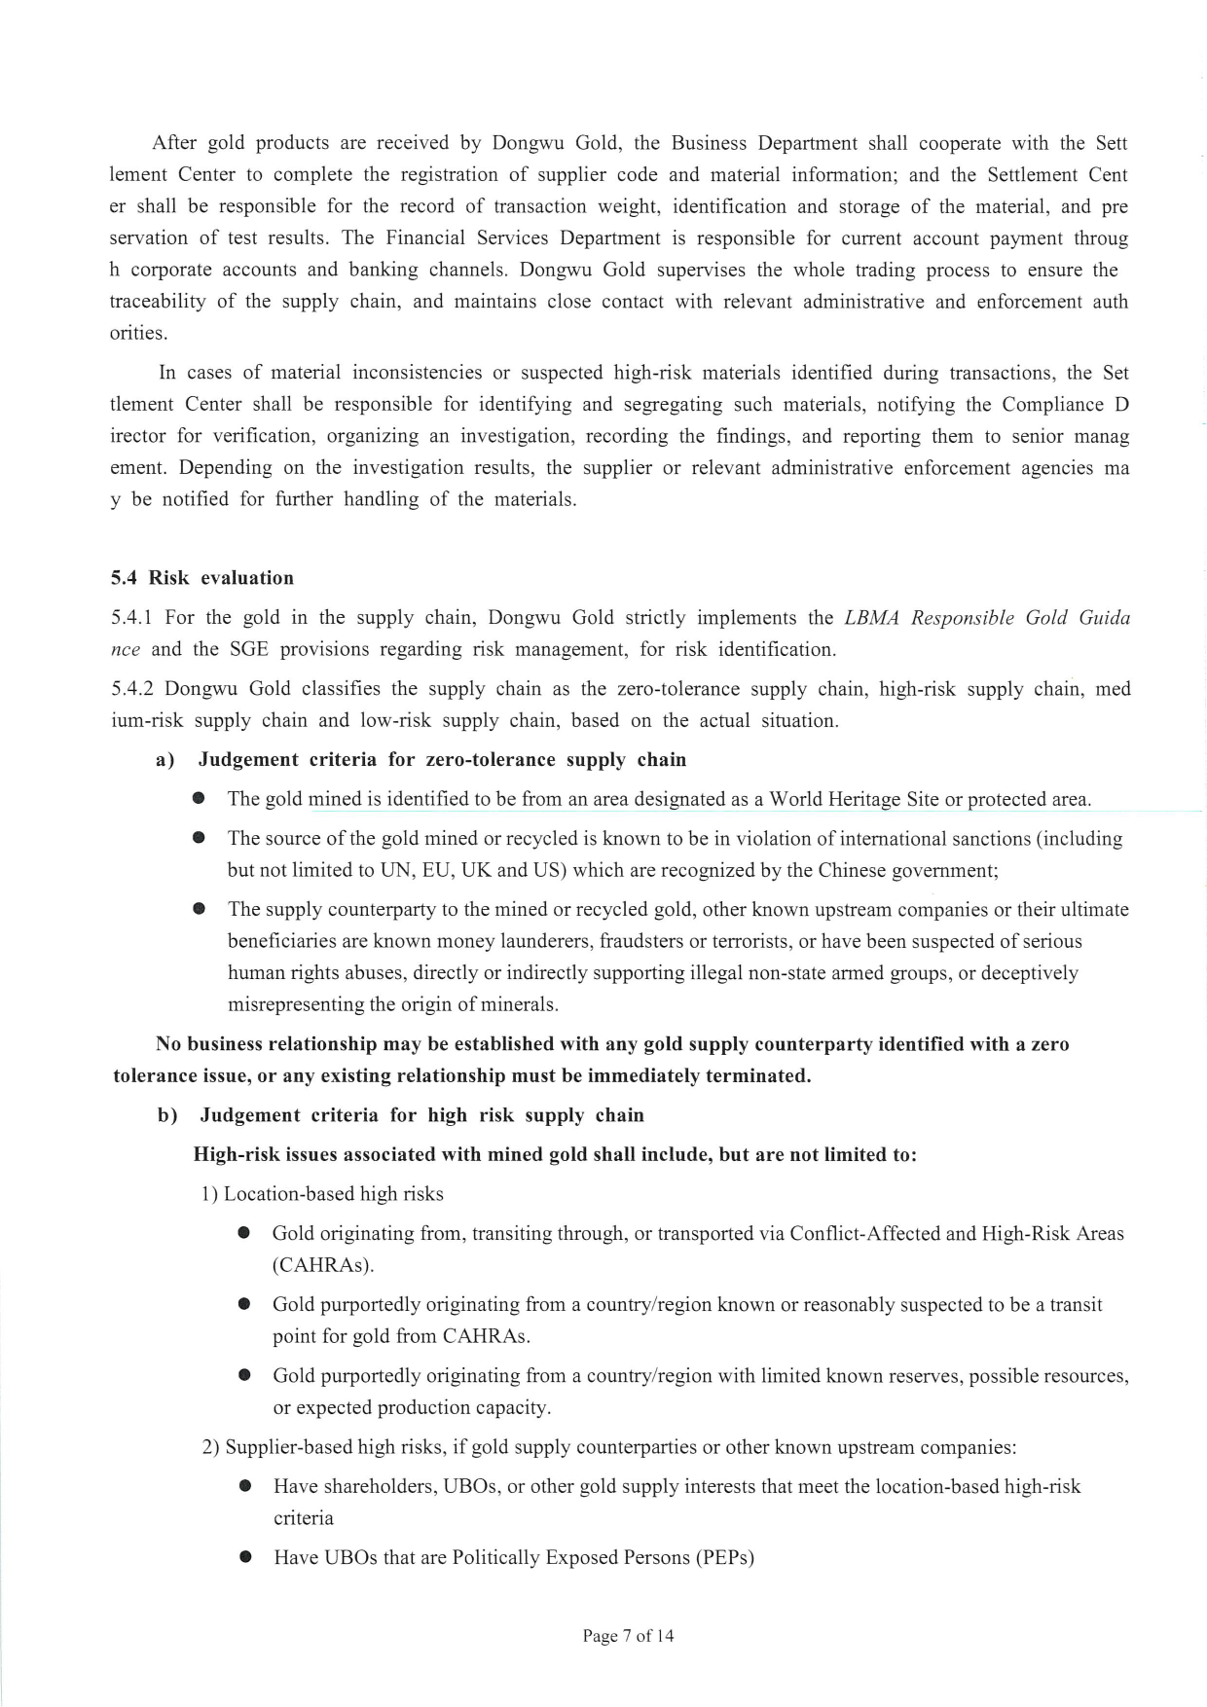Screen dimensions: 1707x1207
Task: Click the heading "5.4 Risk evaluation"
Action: (x=201, y=578)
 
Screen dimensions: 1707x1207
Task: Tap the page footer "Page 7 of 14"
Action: (x=628, y=1636)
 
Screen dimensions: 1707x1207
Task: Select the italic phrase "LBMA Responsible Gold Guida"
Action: (x=986, y=618)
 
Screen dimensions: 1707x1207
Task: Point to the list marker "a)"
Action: (x=165, y=760)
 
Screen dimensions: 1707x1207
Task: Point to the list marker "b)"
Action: (x=166, y=1115)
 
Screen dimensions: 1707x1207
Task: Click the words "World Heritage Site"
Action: (x=854, y=799)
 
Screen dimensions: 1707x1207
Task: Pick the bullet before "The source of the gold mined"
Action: (x=200, y=838)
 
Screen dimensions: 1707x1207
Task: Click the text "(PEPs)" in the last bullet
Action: (x=724, y=1557)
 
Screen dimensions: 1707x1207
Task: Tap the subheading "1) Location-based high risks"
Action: (x=322, y=1194)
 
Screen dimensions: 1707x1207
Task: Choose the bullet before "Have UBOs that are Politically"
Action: (x=245, y=1557)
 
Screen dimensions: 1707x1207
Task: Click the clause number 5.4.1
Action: (x=133, y=618)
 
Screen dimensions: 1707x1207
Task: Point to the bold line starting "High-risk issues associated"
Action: (x=555, y=1155)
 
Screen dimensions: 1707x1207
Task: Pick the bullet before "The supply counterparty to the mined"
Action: (x=200, y=909)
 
